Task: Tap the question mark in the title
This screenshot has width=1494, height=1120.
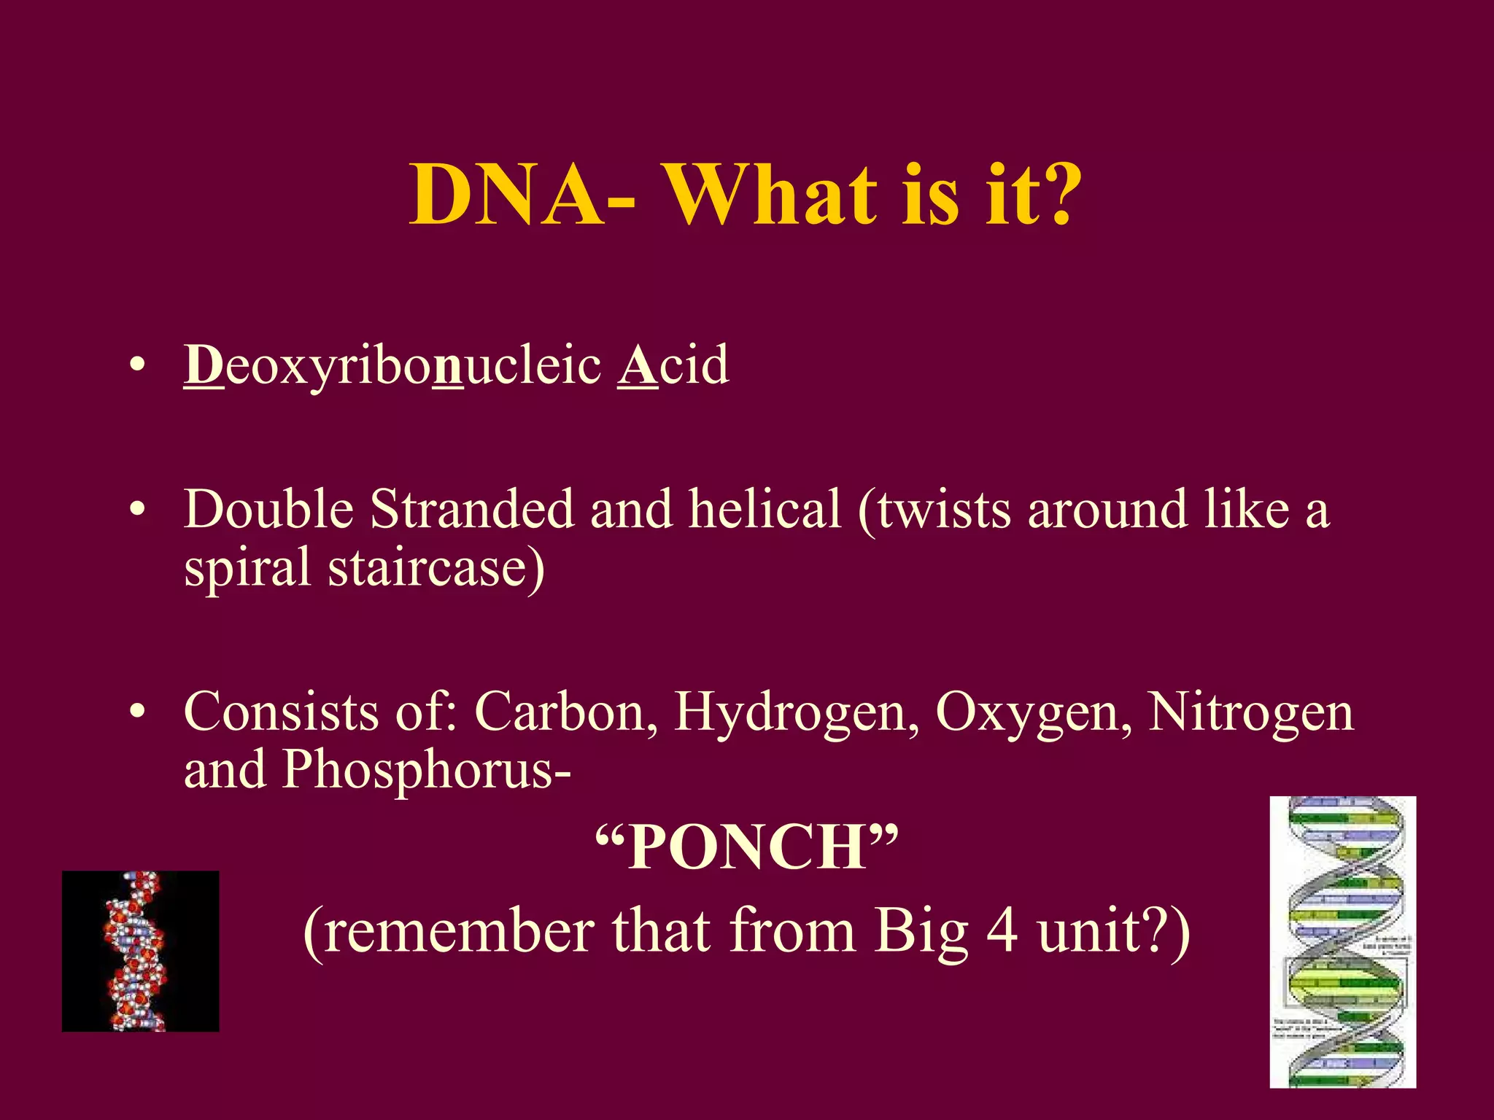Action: click(x=1051, y=195)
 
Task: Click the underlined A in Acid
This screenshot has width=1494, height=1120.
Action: click(x=637, y=365)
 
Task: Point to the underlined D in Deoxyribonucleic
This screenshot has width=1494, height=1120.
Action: click(x=204, y=365)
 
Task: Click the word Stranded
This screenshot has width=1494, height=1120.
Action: click(x=472, y=509)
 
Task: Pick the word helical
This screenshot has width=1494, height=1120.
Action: click(x=765, y=509)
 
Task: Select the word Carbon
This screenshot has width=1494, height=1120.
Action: click(x=560, y=712)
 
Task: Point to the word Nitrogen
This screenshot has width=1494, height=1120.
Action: click(x=1250, y=712)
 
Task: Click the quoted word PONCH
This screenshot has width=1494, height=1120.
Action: click(x=747, y=848)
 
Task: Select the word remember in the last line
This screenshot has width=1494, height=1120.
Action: click(x=459, y=931)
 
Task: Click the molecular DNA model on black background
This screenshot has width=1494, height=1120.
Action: click(x=140, y=951)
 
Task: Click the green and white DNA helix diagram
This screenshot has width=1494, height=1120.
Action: click(x=1343, y=942)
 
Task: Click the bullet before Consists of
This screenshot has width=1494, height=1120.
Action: click(x=137, y=712)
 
